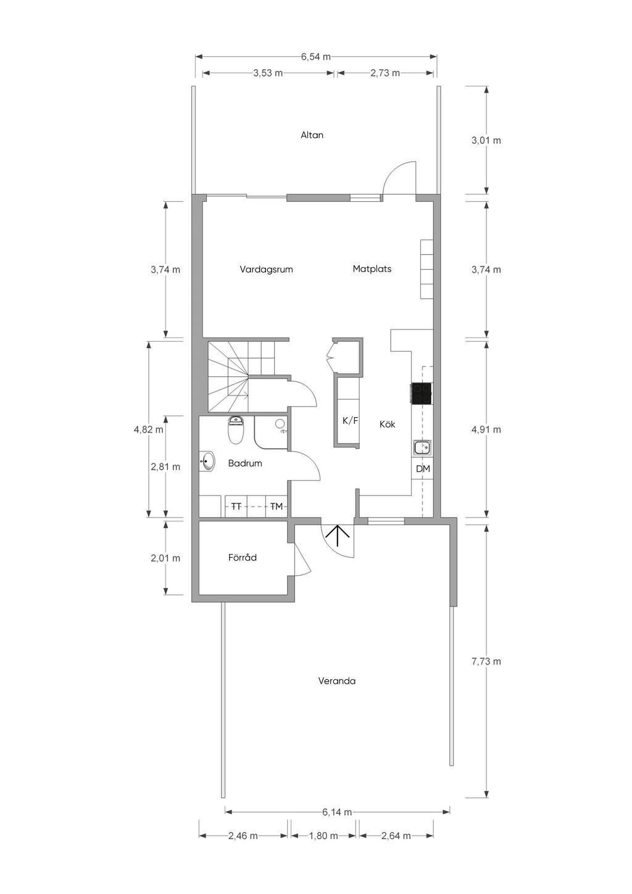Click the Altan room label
coord(312,135)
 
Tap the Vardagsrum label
coord(266,270)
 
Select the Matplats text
coord(372,268)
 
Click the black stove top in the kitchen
coord(421,394)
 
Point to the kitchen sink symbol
coord(421,448)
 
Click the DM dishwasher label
coord(423,469)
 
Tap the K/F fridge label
coord(350,421)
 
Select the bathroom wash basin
coord(207,461)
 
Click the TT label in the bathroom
coord(236,507)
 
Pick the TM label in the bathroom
coord(276,507)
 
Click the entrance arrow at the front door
coord(338,536)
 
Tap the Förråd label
coord(243,558)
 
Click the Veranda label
coord(336,681)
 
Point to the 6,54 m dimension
coord(316,57)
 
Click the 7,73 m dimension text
coord(486,661)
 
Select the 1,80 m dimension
coord(323,836)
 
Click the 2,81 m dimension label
coord(165,466)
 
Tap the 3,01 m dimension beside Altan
coord(486,141)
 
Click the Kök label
coord(387,424)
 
